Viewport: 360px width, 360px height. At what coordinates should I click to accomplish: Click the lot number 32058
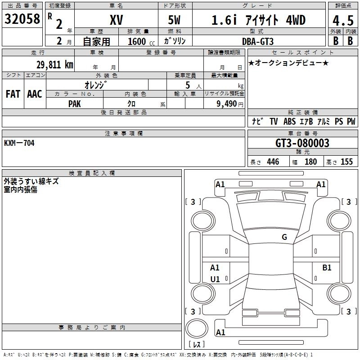point(22,18)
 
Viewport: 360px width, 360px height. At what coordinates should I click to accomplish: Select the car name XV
point(116,20)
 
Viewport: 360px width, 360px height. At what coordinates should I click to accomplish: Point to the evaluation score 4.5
point(342,20)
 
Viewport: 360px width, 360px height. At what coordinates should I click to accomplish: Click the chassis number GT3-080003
point(302,143)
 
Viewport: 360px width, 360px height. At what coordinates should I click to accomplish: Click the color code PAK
point(75,103)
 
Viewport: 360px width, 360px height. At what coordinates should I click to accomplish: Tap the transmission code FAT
point(13,94)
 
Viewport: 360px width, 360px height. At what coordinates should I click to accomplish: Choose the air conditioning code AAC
point(35,94)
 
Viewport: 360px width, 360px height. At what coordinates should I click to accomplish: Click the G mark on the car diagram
point(284,237)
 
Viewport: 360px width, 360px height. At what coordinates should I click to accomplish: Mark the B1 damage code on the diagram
point(327,268)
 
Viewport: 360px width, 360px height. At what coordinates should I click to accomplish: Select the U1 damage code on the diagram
point(215,279)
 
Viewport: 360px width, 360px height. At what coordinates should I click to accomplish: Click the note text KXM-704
point(19,143)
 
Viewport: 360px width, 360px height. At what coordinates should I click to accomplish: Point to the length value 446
point(273,162)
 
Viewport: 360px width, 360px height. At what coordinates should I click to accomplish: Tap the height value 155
point(346,162)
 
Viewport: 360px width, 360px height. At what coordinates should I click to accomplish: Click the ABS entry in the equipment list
point(289,121)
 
